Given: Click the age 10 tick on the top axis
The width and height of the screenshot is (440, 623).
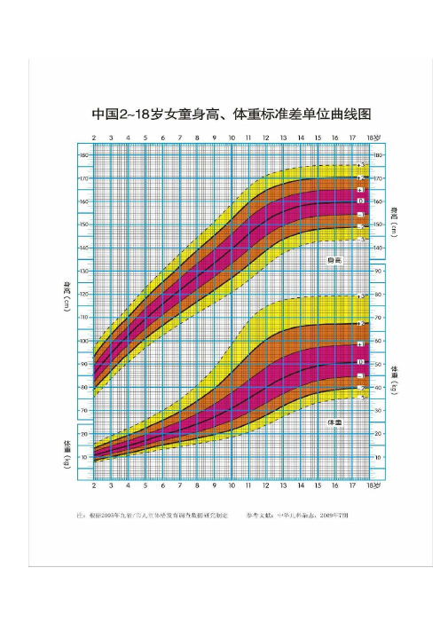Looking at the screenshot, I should [x=232, y=138].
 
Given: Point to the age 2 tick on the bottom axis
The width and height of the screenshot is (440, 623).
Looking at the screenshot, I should [x=94, y=486].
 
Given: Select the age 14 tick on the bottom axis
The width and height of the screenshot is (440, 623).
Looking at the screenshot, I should [x=300, y=486].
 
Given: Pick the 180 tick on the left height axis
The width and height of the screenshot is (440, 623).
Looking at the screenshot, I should [x=83, y=155].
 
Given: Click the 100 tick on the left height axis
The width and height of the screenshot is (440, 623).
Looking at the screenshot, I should [x=83, y=341].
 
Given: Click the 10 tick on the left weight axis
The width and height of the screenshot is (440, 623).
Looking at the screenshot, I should [x=84, y=457].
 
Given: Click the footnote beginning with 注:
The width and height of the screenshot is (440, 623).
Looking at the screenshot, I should [x=152, y=512].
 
